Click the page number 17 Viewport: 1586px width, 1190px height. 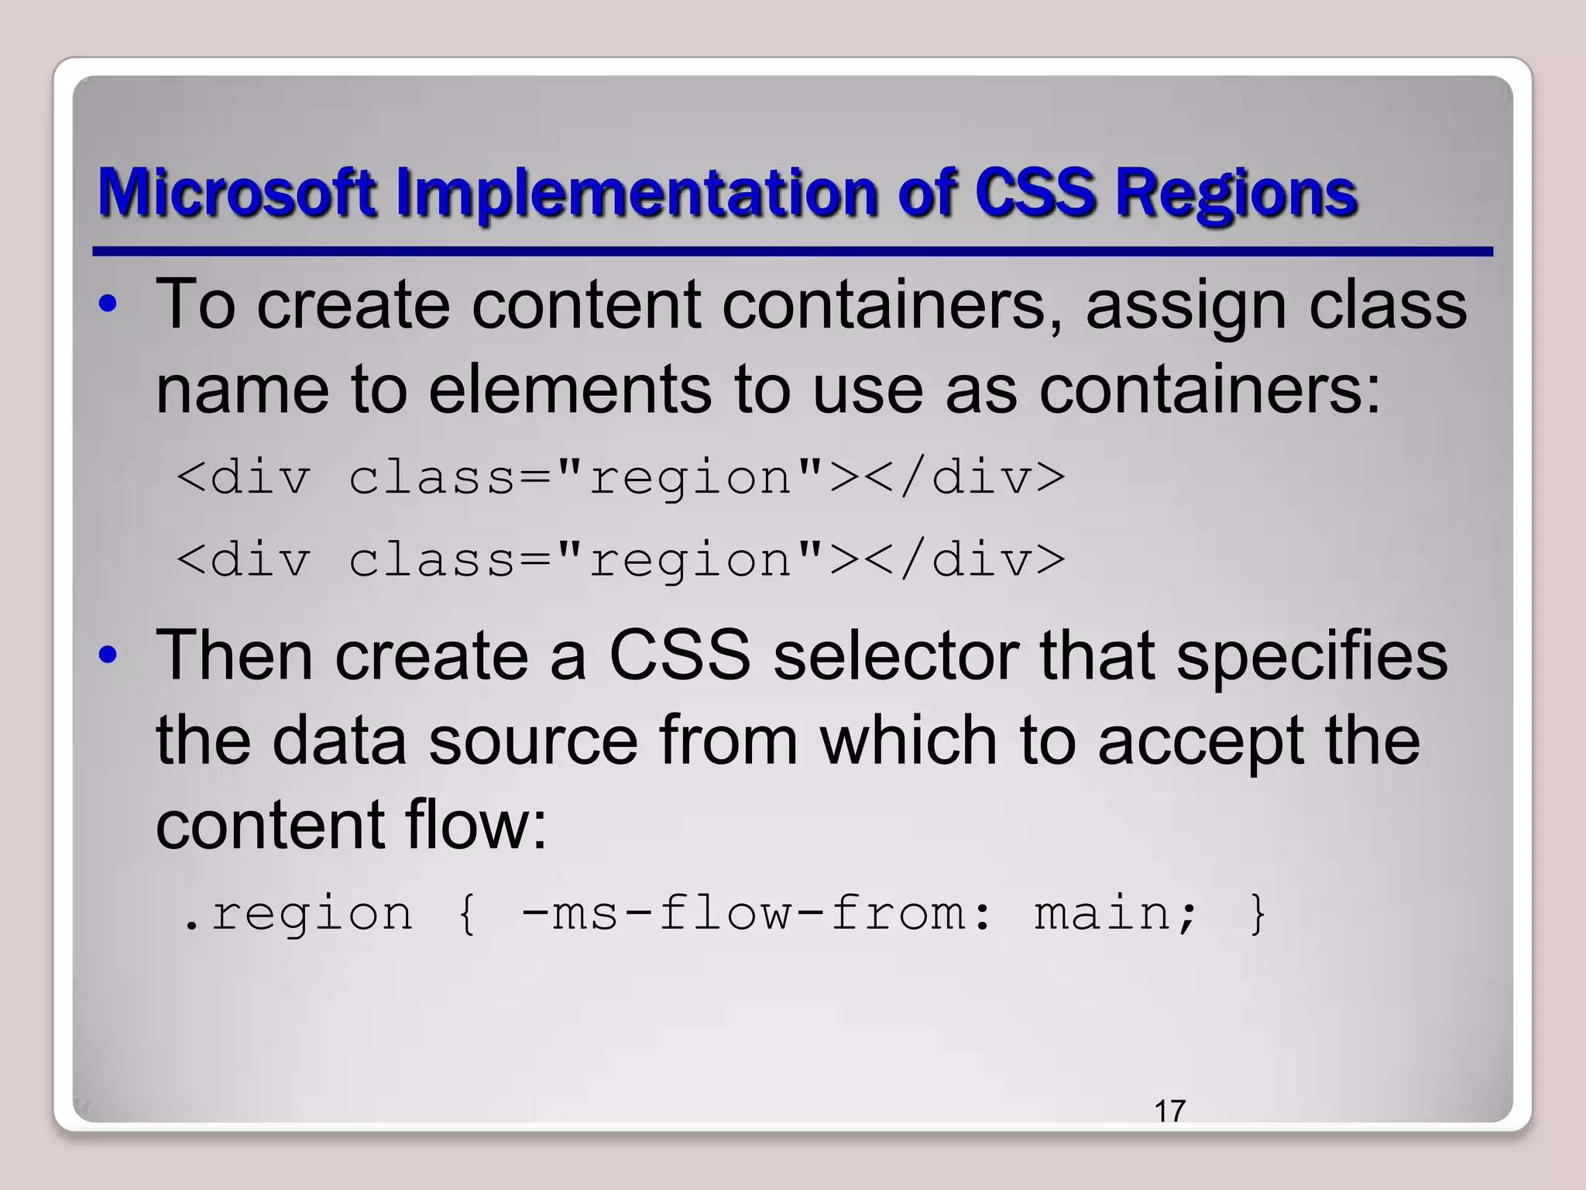[1169, 1111]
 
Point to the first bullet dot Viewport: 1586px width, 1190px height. [108, 304]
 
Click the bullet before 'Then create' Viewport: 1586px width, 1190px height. [108, 655]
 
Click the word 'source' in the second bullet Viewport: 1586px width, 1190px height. [534, 741]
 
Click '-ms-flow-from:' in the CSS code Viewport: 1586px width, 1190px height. [756, 913]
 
